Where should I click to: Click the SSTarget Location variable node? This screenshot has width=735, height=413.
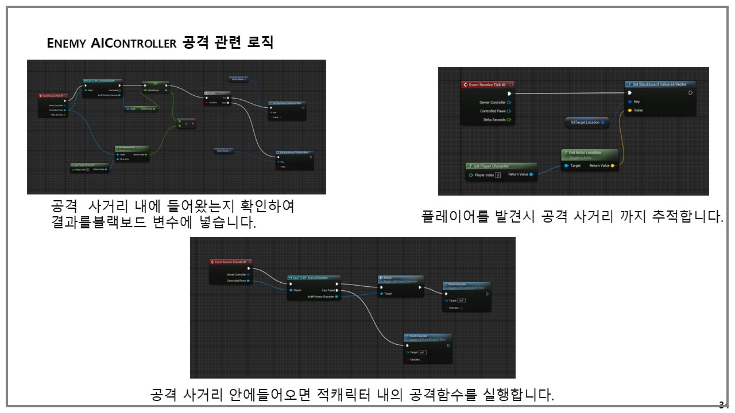coord(585,122)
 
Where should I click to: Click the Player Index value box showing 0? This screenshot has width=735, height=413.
coord(498,175)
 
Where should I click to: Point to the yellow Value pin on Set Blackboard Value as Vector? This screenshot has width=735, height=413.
coord(630,111)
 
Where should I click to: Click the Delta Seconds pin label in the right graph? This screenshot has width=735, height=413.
coord(493,120)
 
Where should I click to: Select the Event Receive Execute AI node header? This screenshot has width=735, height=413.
coord(230,262)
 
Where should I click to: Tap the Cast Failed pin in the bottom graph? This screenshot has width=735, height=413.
coord(336,290)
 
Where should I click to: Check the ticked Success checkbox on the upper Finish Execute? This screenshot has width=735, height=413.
coord(461,308)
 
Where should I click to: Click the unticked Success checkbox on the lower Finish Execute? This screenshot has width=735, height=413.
coord(407,360)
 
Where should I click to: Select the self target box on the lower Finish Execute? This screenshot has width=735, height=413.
coord(422,352)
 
